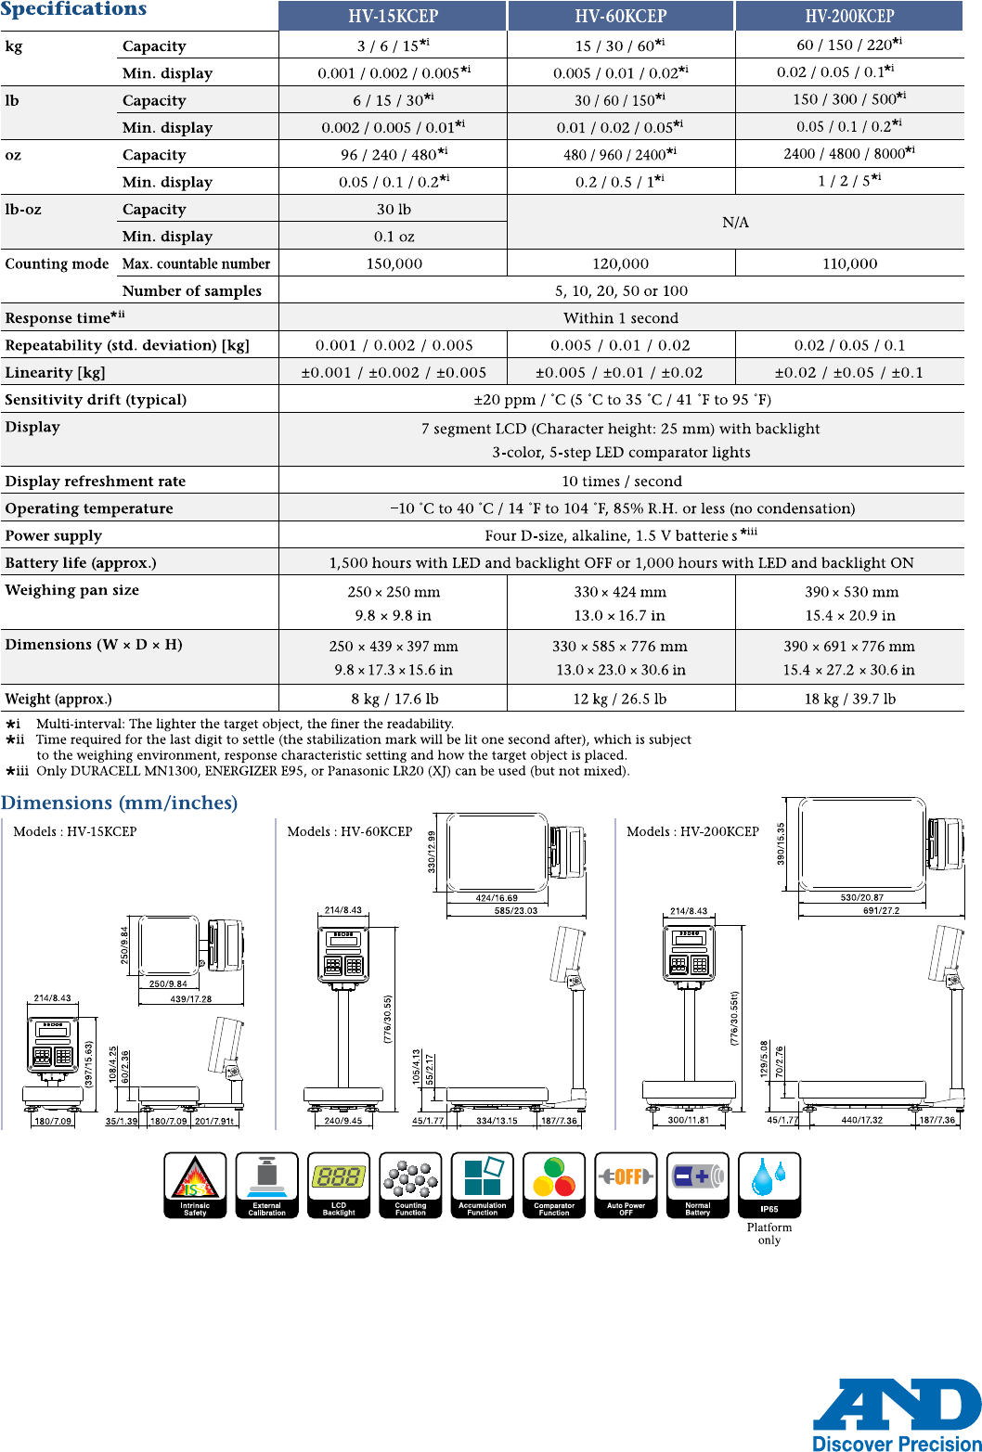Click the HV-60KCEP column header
click(x=621, y=16)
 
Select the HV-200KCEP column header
click(x=849, y=16)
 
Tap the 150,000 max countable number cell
click(x=394, y=263)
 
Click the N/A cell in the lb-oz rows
click(x=735, y=223)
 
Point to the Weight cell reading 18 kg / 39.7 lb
click(x=849, y=699)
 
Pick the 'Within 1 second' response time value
click(x=621, y=318)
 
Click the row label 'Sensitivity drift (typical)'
click(x=96, y=400)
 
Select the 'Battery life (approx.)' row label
click(x=81, y=562)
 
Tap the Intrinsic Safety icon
click(x=195, y=1185)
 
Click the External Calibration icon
click(x=267, y=1185)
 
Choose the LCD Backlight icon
click(x=339, y=1185)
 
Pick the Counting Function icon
click(x=410, y=1185)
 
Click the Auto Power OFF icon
click(x=627, y=1185)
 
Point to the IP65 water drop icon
click(x=769, y=1185)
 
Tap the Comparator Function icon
click(x=554, y=1185)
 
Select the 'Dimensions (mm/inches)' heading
click(x=119, y=803)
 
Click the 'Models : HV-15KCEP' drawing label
click(x=75, y=831)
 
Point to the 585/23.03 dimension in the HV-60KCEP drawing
click(x=516, y=911)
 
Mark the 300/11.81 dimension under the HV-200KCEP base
click(x=689, y=1120)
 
